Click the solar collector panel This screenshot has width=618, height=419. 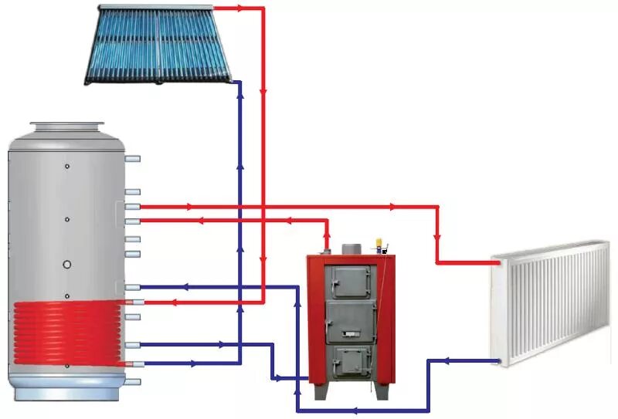point(161,45)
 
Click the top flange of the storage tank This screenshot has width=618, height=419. point(67,126)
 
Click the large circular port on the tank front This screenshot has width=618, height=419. point(68,265)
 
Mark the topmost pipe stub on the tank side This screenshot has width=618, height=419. point(133,159)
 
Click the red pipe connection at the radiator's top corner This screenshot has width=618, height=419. point(501,262)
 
